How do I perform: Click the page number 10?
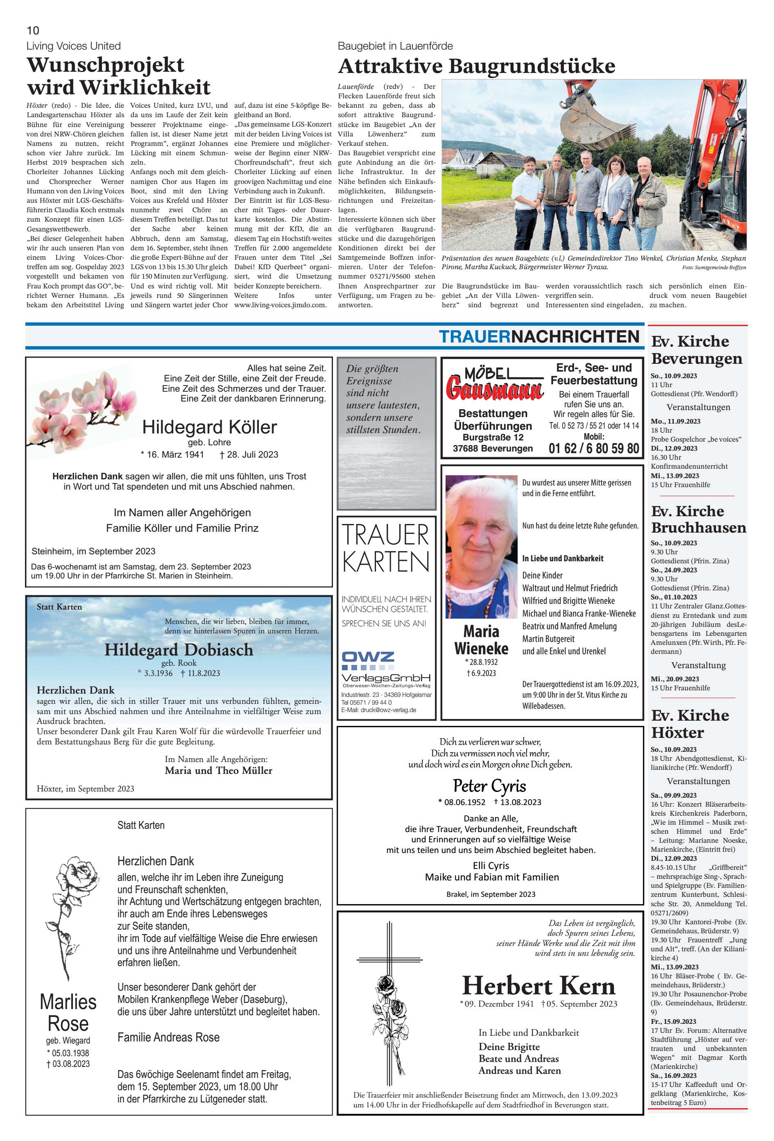tap(33, 30)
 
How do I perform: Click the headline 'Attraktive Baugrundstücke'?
tap(476, 66)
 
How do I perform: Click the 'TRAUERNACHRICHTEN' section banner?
tap(539, 337)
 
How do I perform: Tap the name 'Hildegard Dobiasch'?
tap(179, 649)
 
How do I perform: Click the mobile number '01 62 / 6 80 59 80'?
tap(593, 448)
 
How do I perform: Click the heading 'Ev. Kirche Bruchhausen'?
tap(698, 519)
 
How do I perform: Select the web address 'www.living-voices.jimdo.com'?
tap(280, 305)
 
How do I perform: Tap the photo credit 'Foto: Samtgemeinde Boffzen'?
tap(714, 268)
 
